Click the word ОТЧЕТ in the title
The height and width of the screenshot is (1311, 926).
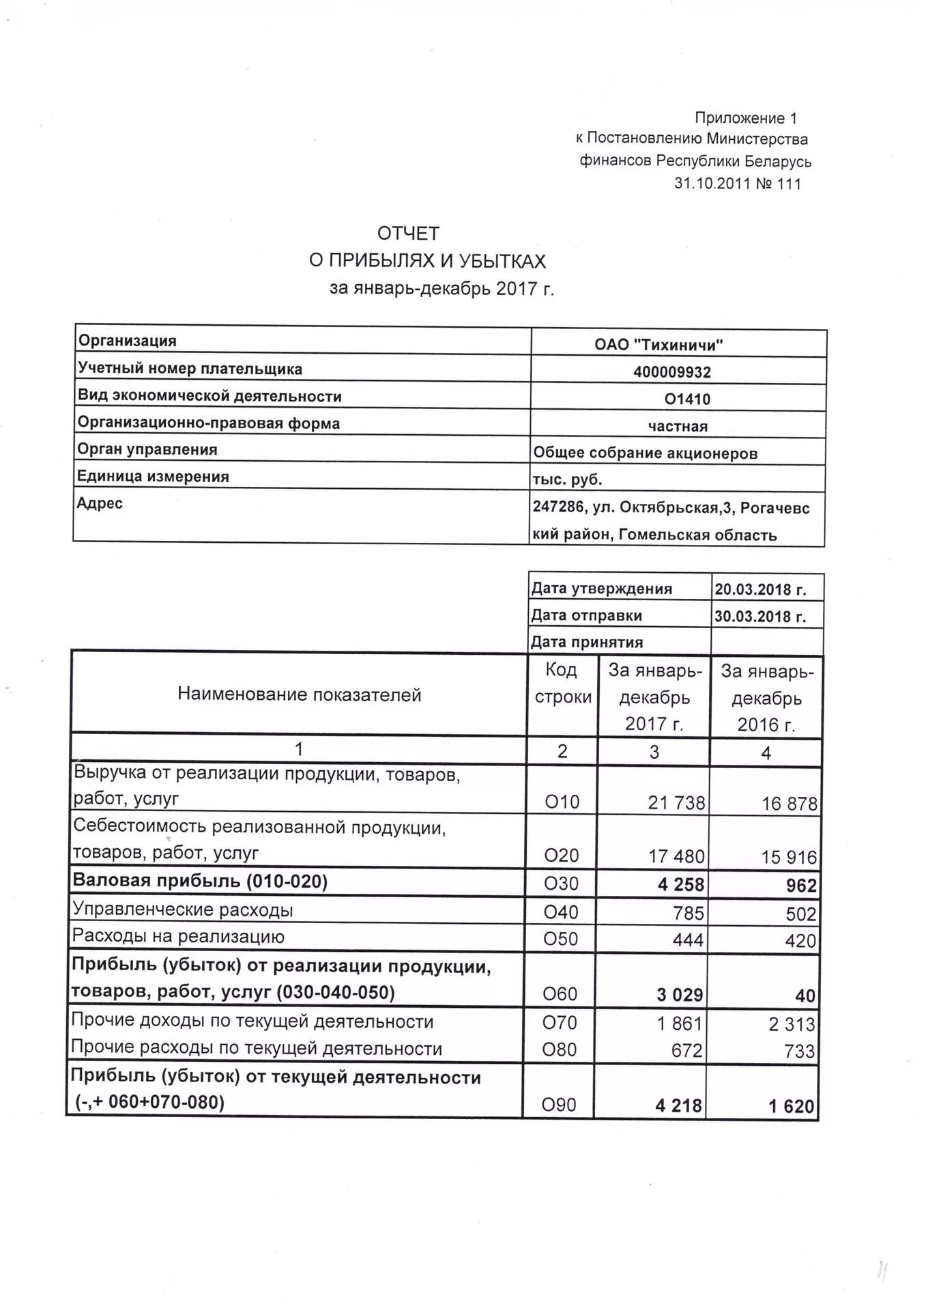[x=408, y=234]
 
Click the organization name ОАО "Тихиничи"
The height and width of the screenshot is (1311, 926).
[x=658, y=345]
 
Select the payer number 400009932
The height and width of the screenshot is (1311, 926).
[x=671, y=372]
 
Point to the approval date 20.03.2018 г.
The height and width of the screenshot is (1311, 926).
[x=760, y=589]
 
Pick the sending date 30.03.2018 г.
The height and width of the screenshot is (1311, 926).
[x=760, y=617]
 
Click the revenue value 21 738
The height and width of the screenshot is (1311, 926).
[x=676, y=803]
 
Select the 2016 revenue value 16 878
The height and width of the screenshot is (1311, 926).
[x=789, y=804]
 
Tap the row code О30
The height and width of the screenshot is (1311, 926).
[x=561, y=884]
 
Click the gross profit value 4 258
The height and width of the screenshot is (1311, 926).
[x=680, y=885]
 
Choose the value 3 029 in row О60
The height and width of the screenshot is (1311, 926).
[x=680, y=995]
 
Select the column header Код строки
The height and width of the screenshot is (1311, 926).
[x=562, y=683]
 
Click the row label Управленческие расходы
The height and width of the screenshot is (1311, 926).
[x=183, y=910]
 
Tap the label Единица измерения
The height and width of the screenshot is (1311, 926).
[x=153, y=477]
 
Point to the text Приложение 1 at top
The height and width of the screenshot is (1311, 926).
[x=745, y=118]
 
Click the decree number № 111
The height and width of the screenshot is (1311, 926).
[x=778, y=184]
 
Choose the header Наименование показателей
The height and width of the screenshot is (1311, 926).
[x=299, y=695]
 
